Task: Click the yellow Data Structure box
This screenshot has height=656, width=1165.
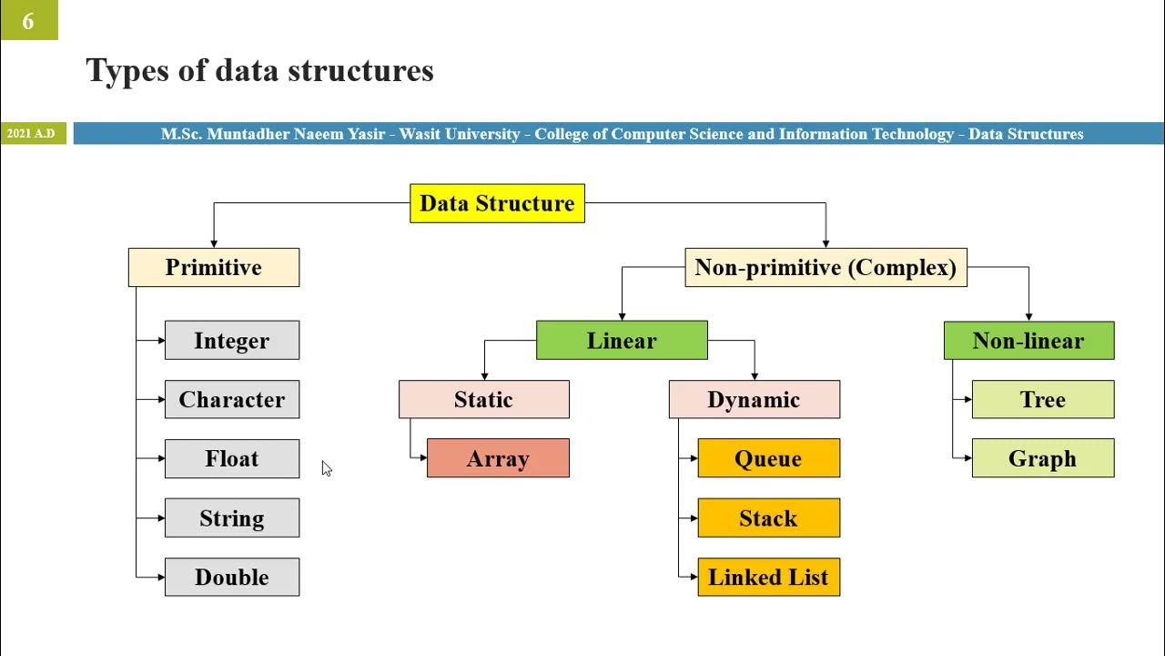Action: coord(497,203)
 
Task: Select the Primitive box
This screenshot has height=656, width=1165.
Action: coord(214,268)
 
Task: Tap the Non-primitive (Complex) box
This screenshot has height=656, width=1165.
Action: coord(826,268)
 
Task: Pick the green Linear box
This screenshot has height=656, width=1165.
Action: coord(622,341)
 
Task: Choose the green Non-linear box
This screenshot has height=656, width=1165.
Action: coord(1028,341)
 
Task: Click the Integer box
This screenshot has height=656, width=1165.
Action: coord(232,341)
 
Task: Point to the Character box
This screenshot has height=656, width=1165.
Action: coord(232,400)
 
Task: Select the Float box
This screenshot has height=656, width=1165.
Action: coord(232,459)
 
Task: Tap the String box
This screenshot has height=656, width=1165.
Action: coord(232,518)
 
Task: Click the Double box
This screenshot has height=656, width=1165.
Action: coord(232,578)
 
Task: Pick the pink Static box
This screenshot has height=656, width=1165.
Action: coord(484,400)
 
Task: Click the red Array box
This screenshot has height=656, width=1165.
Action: coord(498,459)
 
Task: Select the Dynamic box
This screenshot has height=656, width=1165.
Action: coord(754,400)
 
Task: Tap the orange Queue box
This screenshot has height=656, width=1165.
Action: coord(768,459)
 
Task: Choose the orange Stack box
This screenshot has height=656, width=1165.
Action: coord(768,518)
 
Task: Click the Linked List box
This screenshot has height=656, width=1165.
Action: coord(768,578)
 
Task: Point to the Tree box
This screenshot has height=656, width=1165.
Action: coord(1043,400)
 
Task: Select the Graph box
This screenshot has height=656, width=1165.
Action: coord(1043,459)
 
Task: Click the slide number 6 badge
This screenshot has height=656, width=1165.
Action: coord(28,20)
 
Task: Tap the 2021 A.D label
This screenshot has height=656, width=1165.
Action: coord(31,134)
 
